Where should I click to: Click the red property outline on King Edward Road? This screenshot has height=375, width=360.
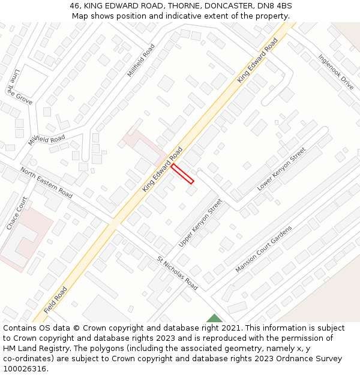(x=183, y=174)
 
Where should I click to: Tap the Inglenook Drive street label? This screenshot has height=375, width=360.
(x=337, y=73)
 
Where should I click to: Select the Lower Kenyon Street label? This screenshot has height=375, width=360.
(x=281, y=170)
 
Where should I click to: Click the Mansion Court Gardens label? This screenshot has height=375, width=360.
(x=263, y=250)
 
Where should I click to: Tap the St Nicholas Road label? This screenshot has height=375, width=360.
(x=177, y=273)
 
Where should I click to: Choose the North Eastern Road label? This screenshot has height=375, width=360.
(x=46, y=183)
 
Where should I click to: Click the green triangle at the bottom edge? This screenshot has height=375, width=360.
(x=214, y=319)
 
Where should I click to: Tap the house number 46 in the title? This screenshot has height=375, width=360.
(x=74, y=6)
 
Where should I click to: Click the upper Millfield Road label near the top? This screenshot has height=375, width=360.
(x=141, y=60)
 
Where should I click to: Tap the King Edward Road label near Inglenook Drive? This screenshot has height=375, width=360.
(x=257, y=60)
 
